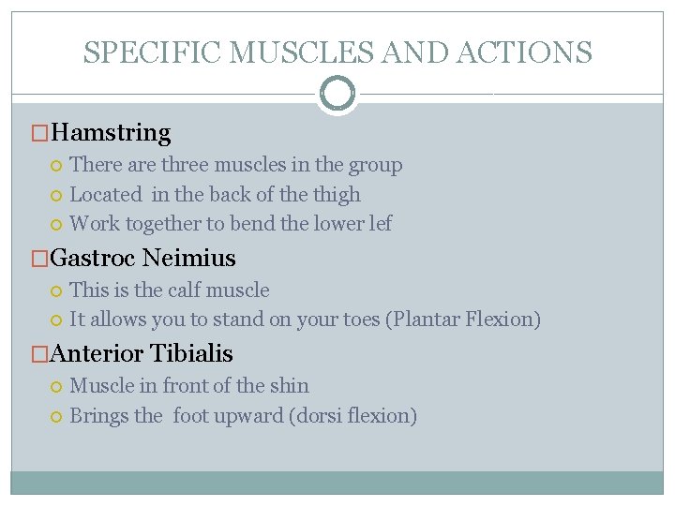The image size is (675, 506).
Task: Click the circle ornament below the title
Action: coord(337,95)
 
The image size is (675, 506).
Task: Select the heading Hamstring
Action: coord(111,134)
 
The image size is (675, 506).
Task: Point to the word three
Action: coord(185,165)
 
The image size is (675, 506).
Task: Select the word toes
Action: coord(358,320)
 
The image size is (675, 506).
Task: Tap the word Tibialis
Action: coord(191,354)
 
